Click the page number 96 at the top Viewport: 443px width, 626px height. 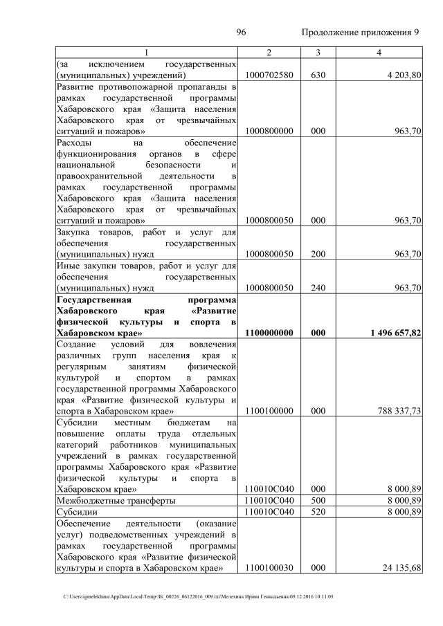coord(242,33)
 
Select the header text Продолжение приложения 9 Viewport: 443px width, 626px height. coord(361,33)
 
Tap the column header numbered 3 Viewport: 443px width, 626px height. coord(317,53)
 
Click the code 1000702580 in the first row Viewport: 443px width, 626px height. coord(269,75)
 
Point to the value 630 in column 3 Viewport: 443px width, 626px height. coord(317,75)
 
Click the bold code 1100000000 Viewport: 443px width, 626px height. coord(269,333)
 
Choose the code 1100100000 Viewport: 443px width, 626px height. coord(269,411)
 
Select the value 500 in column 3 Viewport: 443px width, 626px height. coord(317,500)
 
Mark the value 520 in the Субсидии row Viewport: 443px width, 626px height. coord(317,512)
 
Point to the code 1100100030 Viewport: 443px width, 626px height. coord(269,568)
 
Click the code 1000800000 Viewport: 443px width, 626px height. coord(269,131)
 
